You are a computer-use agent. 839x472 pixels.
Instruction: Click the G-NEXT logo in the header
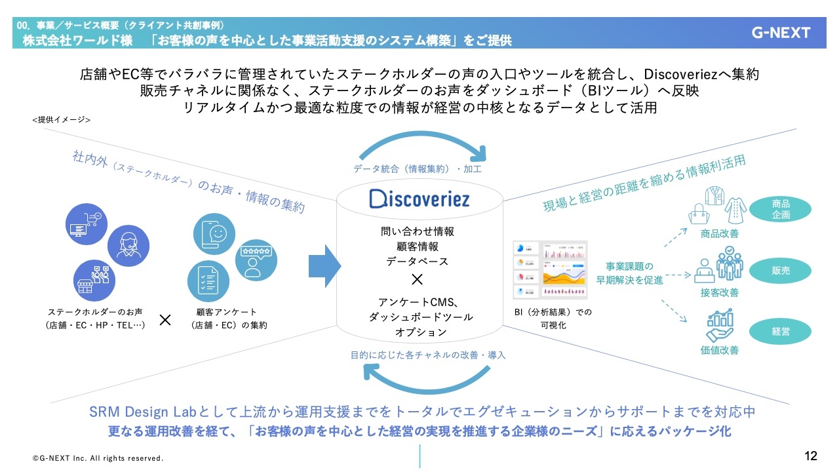pyautogui.click(x=781, y=33)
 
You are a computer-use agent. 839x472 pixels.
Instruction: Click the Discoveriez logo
pyautogui.click(x=419, y=199)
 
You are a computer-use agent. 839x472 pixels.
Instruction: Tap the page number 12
pyautogui.click(x=811, y=456)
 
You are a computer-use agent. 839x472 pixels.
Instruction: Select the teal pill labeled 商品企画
pyautogui.click(x=781, y=209)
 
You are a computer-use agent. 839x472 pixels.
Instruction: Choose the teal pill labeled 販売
pyautogui.click(x=781, y=270)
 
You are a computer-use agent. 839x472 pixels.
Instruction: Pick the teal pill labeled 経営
pyautogui.click(x=781, y=332)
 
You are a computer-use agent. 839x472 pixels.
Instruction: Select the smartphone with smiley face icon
pyautogui.click(x=214, y=235)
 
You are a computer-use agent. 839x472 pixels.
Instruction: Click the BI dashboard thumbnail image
pyautogui.click(x=549, y=270)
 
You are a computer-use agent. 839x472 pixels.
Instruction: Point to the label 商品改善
pyautogui.click(x=719, y=234)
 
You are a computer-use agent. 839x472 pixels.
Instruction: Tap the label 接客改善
pyautogui.click(x=719, y=292)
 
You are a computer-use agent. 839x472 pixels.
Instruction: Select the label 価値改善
pyautogui.click(x=719, y=351)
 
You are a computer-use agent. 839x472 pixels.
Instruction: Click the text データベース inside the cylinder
pyautogui.click(x=417, y=261)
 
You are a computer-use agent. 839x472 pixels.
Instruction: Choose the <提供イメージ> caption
pyautogui.click(x=61, y=120)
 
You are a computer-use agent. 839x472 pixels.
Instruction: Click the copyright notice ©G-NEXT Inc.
pyautogui.click(x=98, y=458)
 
